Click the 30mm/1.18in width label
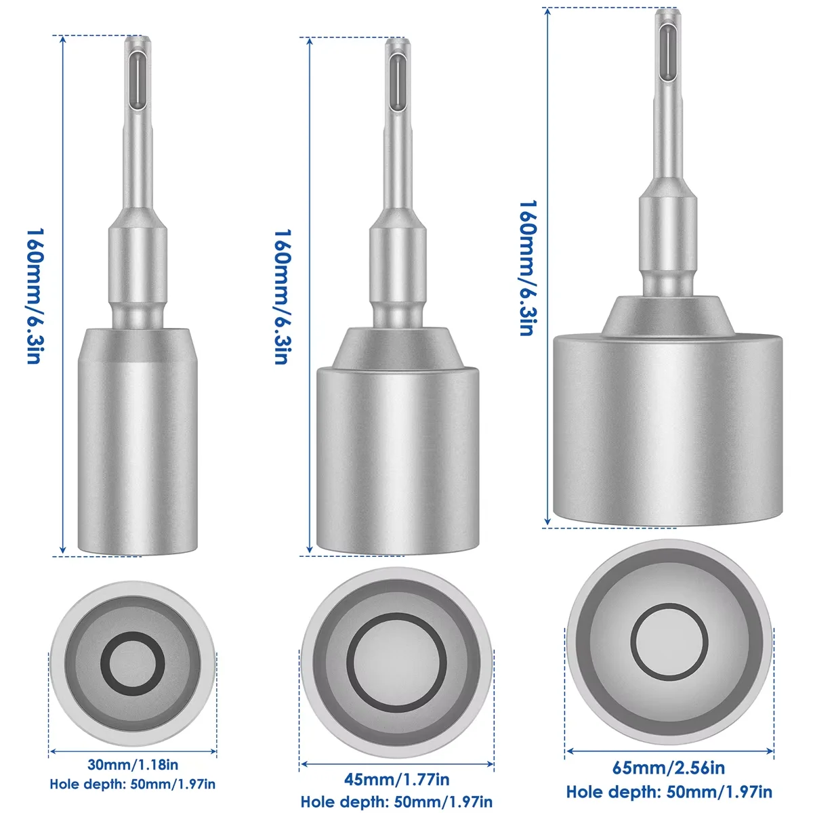(133, 765)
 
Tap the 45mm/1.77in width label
(397, 779)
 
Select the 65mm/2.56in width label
(669, 768)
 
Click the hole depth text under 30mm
(133, 784)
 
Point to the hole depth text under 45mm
(397, 802)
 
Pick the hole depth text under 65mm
(669, 791)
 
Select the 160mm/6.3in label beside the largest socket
(528, 268)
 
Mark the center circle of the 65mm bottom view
(669, 640)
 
